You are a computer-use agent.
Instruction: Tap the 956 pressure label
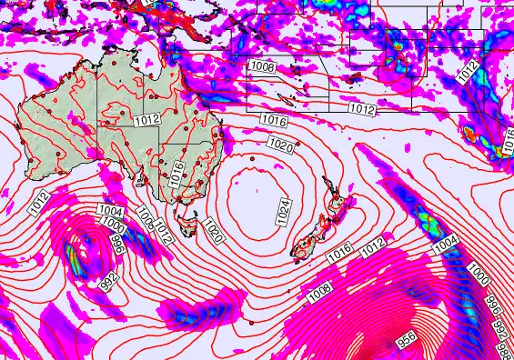click(x=407, y=338)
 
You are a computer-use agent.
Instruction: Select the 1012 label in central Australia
click(x=147, y=118)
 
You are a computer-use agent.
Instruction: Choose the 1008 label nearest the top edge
click(x=263, y=66)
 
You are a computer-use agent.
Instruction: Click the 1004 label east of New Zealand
click(x=444, y=244)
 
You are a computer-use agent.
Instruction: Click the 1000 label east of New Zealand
click(x=478, y=273)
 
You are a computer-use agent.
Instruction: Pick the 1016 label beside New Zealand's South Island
click(x=340, y=253)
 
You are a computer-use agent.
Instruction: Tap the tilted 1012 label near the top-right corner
click(x=468, y=72)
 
